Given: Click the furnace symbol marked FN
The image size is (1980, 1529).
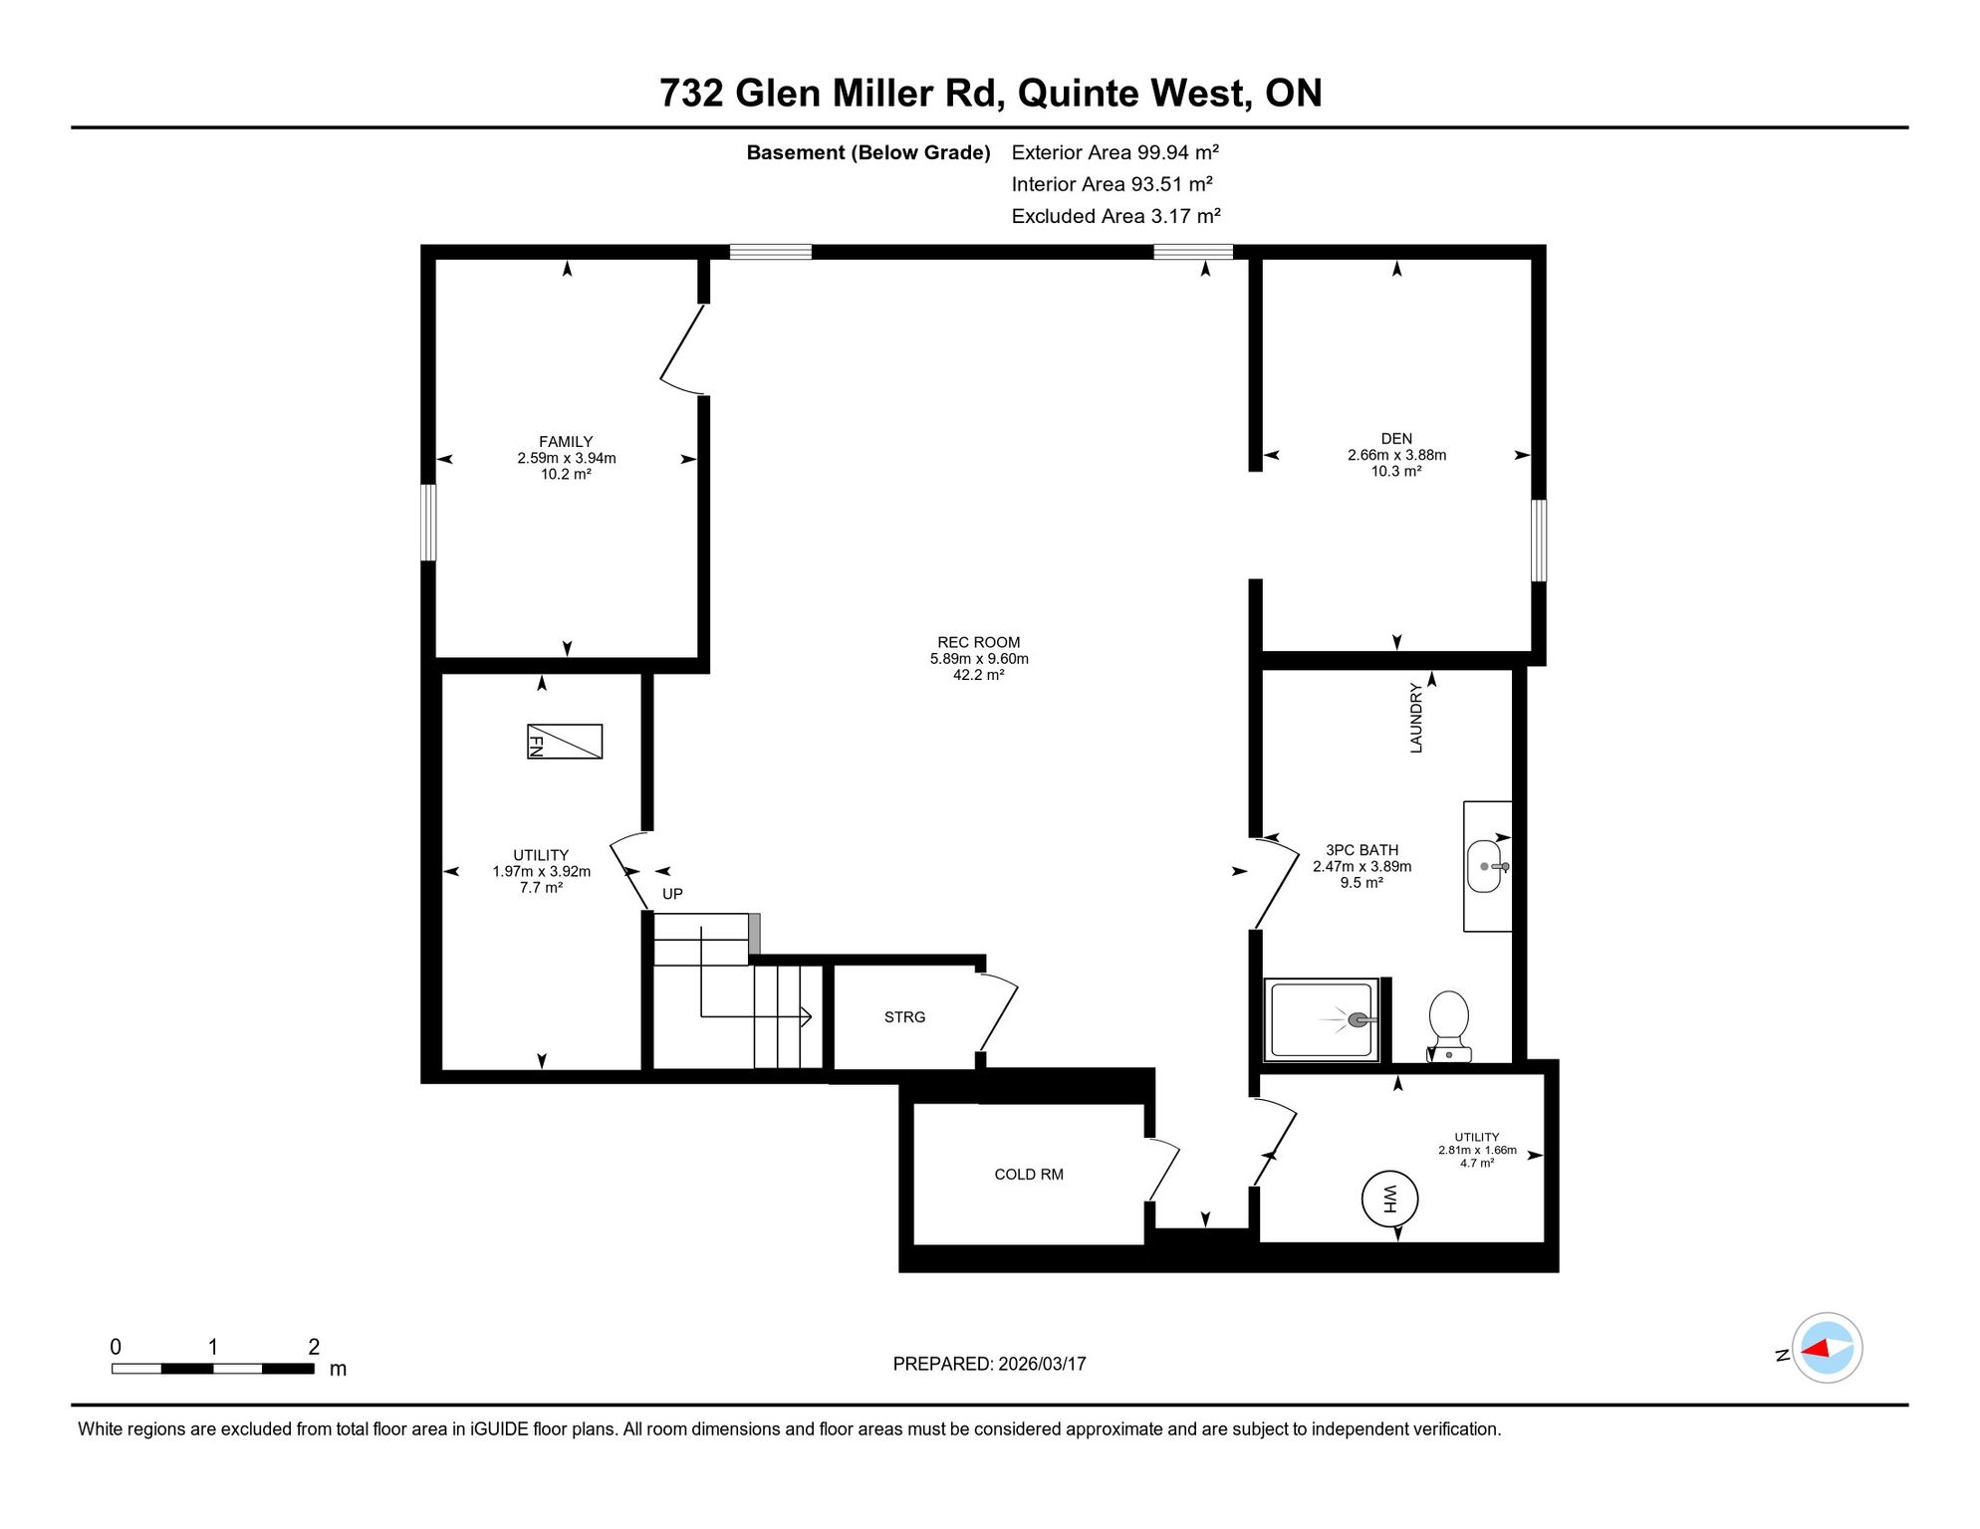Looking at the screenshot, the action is click(x=565, y=742).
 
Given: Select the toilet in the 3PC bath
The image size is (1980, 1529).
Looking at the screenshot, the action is click(x=1448, y=1026).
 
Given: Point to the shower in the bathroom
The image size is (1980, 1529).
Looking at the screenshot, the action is click(x=1322, y=1019).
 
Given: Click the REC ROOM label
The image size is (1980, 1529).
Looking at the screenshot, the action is click(x=979, y=642).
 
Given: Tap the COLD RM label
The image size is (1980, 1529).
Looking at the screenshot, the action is click(x=1029, y=1175).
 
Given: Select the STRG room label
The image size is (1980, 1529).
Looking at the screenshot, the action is click(x=904, y=1017).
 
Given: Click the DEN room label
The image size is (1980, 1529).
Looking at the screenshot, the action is click(x=1396, y=438).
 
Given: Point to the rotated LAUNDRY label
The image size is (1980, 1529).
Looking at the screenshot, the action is click(x=1416, y=718).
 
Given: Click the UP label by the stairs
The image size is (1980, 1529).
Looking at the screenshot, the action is click(x=673, y=894).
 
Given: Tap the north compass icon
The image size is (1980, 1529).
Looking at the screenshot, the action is click(x=1827, y=1348).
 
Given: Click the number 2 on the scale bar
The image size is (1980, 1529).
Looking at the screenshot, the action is click(x=314, y=1347).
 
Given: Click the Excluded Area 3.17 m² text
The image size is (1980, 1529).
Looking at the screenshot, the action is click(x=1115, y=216).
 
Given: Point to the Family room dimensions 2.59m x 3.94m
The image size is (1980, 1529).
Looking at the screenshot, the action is click(x=567, y=458).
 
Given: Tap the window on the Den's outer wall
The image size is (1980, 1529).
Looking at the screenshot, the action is click(x=1539, y=541).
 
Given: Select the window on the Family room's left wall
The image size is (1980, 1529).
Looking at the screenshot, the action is click(x=428, y=523).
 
